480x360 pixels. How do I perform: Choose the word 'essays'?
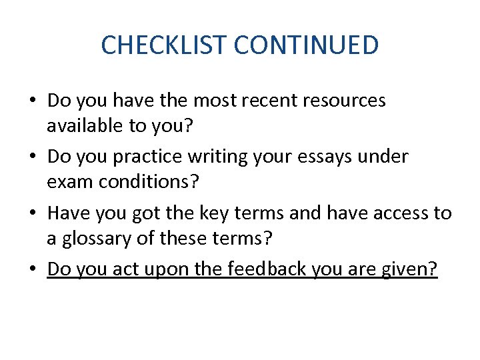coord(326,157)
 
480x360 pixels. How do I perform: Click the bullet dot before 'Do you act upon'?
coord(33,269)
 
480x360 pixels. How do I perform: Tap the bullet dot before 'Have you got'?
coord(33,213)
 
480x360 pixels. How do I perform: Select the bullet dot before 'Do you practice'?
coord(33,157)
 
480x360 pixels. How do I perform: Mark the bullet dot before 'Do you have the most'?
coord(33,101)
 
